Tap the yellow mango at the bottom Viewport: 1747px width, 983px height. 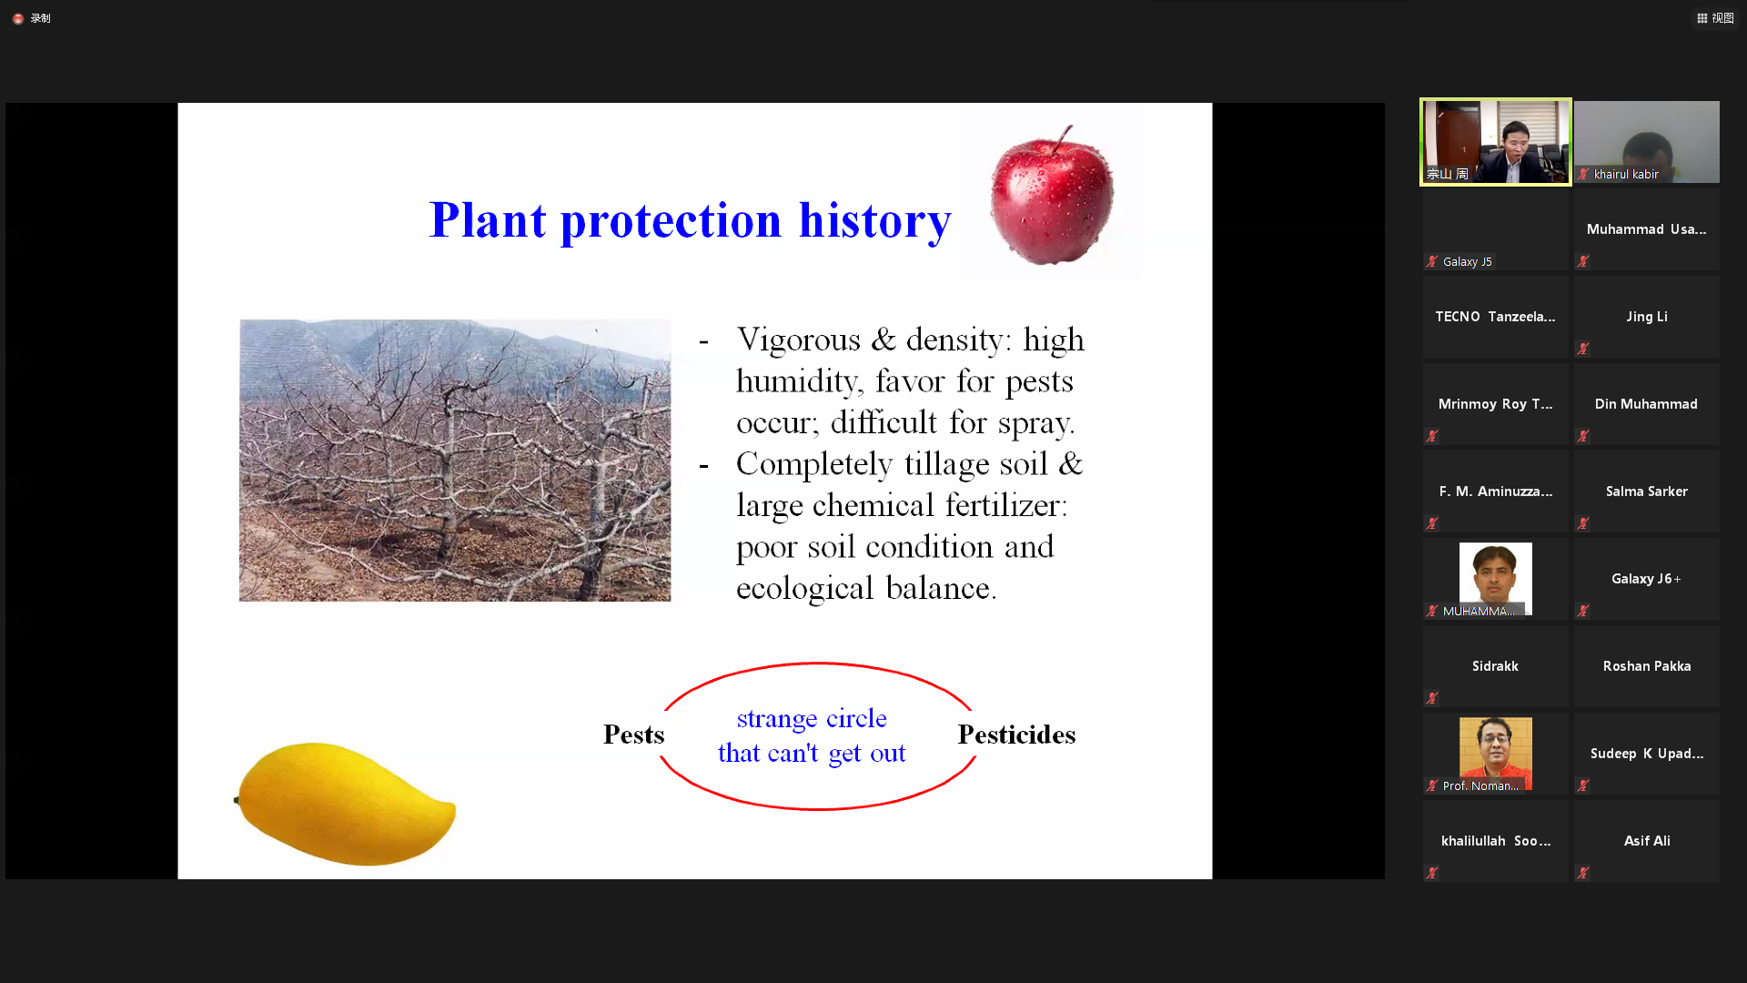pos(345,803)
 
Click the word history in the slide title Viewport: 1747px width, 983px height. pos(874,220)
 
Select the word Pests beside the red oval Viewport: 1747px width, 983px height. pos(633,735)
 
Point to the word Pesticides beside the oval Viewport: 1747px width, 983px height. pos(1016,735)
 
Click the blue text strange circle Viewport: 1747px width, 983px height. pos(812,718)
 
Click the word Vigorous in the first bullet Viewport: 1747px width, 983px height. pos(798,339)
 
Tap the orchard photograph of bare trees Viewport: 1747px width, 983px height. pos(455,460)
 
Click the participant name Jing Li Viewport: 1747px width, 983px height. pos(1647,317)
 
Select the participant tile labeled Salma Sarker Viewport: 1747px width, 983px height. pos(1647,491)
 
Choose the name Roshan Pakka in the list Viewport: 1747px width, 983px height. pos(1647,666)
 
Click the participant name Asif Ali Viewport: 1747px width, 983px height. pos(1647,841)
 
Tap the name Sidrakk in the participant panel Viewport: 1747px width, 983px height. pos(1495,666)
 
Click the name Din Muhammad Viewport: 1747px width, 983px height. pos(1646,404)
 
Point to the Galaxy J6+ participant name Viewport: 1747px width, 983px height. pos(1646,579)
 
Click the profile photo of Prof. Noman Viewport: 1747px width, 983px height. pos(1496,754)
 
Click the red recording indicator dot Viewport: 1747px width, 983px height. pos(18,18)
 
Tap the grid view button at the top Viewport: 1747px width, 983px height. pos(1715,18)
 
